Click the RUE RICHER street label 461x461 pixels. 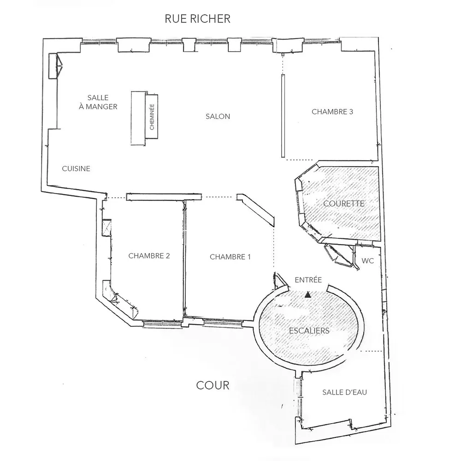[198, 19]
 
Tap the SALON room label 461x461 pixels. [218, 117]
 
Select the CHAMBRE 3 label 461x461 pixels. [332, 112]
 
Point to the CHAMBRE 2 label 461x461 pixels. [149, 256]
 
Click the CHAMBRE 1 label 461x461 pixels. [230, 257]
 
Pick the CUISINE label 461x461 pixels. [76, 169]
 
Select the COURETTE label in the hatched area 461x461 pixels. [344, 203]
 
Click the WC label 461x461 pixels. [367, 261]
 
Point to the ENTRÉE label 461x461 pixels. [308, 279]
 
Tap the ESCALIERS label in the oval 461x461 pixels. [309, 331]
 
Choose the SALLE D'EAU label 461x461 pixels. [344, 392]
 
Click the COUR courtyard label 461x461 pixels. [213, 385]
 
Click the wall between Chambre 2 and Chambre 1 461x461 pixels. [184, 258]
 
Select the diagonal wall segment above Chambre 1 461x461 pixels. [256, 210]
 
